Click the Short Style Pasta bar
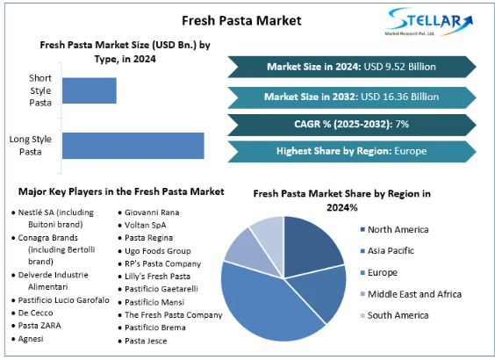coord(89,90)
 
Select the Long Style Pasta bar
coord(133,145)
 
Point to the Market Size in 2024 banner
coord(351,67)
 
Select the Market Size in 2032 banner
coord(351,96)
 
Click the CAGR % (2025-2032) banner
coord(351,124)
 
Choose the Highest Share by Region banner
coord(351,151)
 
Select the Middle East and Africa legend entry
coord(411,294)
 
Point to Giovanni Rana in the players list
coord(154,212)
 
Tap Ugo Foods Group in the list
coord(158,250)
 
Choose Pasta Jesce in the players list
coord(147,340)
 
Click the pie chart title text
coord(341,199)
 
